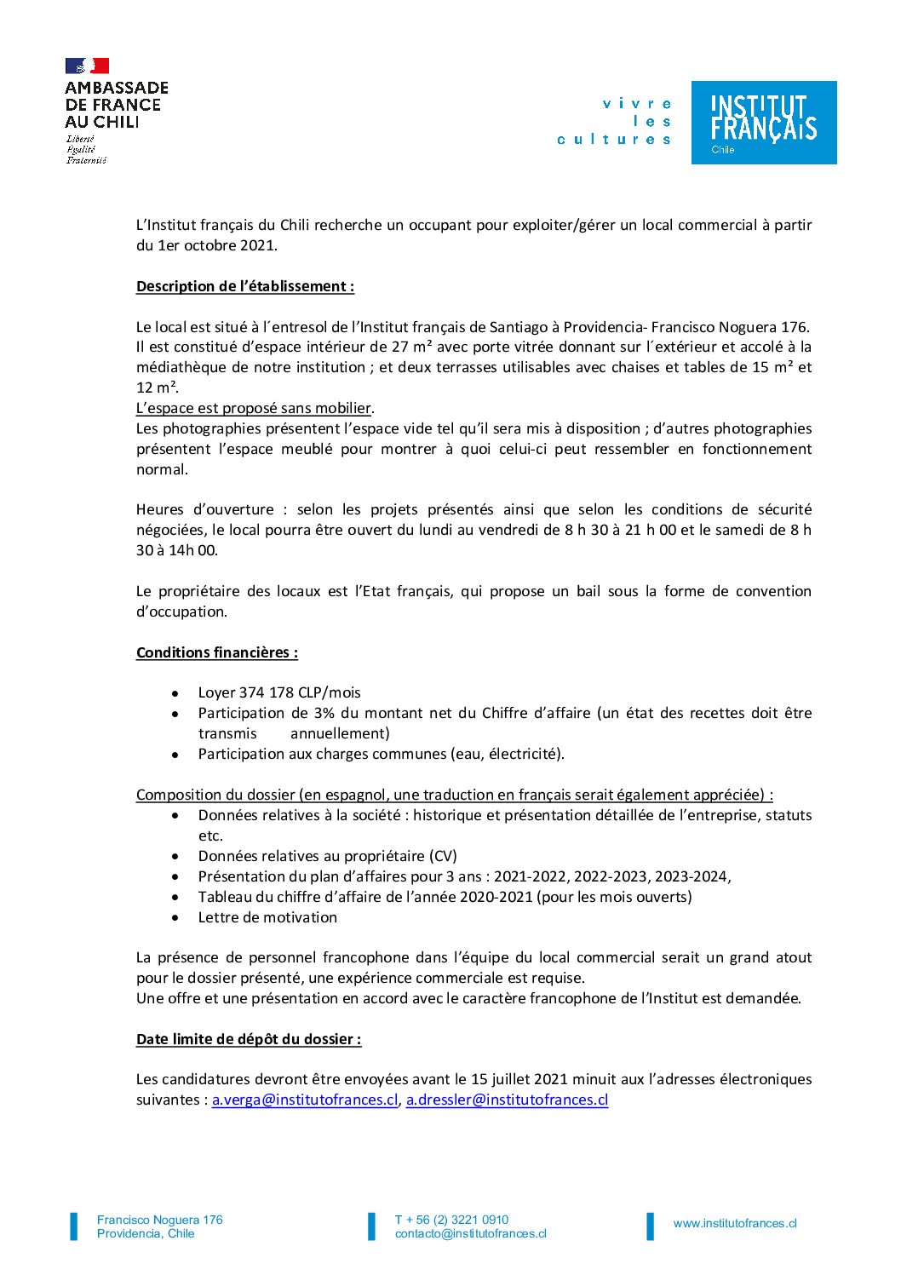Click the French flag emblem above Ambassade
click(x=87, y=66)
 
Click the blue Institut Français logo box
click(x=763, y=122)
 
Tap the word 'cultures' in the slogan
click(x=614, y=139)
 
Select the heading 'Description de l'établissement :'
click(x=245, y=286)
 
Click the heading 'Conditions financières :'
click(x=217, y=652)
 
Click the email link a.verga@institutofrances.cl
click(x=305, y=1100)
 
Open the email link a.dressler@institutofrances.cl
click(x=507, y=1100)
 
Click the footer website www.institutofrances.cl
click(x=735, y=1223)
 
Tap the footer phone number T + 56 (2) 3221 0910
click(x=451, y=1220)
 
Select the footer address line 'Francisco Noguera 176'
click(x=160, y=1220)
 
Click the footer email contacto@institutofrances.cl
click(x=470, y=1233)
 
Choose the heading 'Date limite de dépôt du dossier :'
click(x=249, y=1039)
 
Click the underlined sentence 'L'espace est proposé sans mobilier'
click(x=254, y=408)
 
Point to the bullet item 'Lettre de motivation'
click(x=267, y=917)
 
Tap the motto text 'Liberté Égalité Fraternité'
click(x=86, y=149)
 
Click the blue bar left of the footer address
click(x=73, y=1226)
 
